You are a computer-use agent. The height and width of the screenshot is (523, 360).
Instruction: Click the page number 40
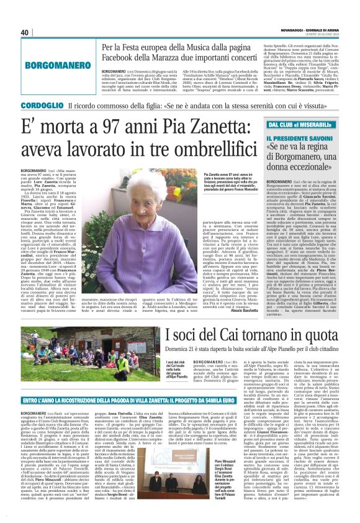pyautogui.click(x=25, y=32)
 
